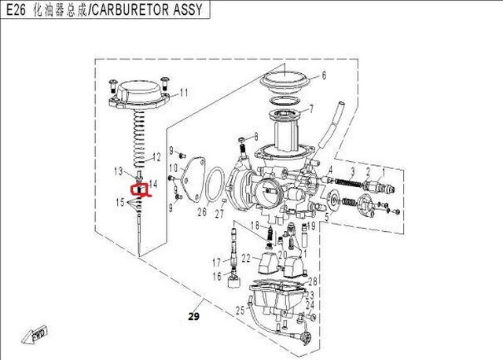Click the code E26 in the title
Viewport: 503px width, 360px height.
[14, 9]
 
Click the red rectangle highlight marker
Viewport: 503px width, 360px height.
[139, 189]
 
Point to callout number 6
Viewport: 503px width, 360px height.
[321, 76]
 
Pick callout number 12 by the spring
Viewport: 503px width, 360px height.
[157, 156]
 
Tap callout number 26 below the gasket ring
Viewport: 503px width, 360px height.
[202, 211]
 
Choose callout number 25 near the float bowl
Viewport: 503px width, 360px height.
[240, 312]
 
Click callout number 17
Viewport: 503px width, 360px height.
[215, 262]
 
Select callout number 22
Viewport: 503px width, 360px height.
[246, 258]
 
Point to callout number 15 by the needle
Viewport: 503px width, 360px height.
[120, 203]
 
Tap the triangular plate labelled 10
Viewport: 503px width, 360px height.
[187, 175]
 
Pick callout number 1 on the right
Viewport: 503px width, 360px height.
[383, 171]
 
